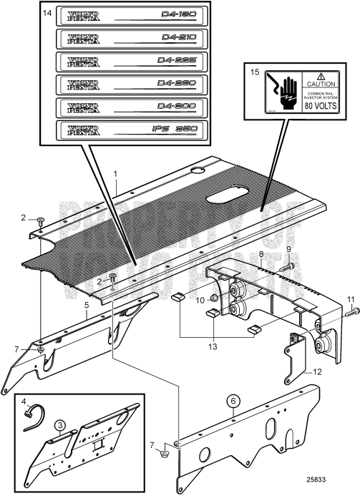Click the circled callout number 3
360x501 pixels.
(x=62, y=424)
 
